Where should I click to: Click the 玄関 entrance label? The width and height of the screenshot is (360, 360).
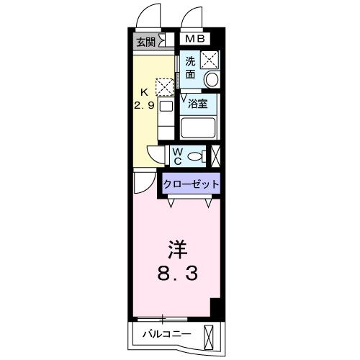(x=145, y=42)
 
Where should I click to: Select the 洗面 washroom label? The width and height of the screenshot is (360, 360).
(x=190, y=66)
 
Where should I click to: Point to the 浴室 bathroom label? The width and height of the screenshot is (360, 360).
(x=198, y=103)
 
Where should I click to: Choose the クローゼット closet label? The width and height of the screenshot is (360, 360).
(x=191, y=184)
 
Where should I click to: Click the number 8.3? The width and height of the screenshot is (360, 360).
(x=177, y=274)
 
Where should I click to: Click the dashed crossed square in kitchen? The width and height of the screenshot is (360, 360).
(x=166, y=87)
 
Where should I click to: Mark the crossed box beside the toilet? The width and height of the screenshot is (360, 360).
(x=215, y=154)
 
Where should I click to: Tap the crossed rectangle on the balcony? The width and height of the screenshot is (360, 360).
(x=210, y=336)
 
